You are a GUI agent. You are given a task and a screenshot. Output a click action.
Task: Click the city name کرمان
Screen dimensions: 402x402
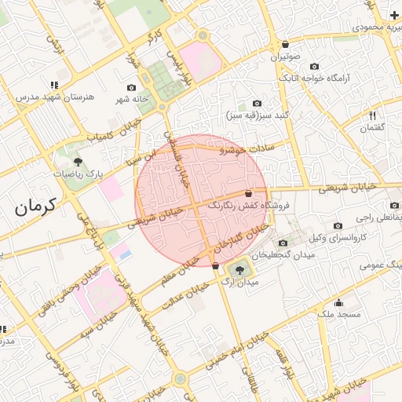point(35,206)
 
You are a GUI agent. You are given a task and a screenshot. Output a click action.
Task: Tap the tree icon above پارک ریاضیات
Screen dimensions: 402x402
point(82,159)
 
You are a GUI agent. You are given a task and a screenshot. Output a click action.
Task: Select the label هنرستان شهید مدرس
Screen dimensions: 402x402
point(53,97)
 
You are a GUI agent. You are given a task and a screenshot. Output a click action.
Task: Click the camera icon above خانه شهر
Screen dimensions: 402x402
point(131,86)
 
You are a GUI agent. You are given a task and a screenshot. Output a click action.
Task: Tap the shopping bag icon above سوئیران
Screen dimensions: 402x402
point(284,44)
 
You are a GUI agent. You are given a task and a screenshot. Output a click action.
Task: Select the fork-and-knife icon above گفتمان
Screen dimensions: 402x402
point(373,115)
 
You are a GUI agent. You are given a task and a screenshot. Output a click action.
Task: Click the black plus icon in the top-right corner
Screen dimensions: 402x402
point(393,15)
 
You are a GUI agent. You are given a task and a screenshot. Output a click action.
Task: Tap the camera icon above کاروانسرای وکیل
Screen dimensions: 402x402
point(338,225)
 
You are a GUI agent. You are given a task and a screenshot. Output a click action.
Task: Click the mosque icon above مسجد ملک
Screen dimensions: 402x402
point(338,302)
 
